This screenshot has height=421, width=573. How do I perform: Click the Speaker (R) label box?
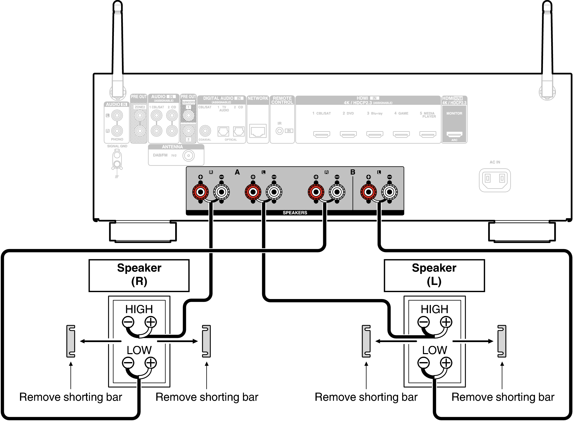[139, 275]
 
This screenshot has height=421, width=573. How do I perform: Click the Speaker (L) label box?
[434, 275]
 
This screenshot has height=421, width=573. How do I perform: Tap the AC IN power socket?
[495, 180]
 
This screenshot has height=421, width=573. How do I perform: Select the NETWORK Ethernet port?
[258, 131]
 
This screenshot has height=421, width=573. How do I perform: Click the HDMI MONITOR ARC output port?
[454, 134]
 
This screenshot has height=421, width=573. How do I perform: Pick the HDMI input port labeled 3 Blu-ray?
[374, 134]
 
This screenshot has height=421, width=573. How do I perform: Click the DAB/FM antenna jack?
[189, 156]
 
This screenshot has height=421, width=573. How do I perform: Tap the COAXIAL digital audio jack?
[205, 131]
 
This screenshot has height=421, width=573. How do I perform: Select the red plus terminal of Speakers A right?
[201, 192]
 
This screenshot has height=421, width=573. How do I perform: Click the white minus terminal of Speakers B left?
[389, 192]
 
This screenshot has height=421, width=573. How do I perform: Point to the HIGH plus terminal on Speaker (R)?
[151, 322]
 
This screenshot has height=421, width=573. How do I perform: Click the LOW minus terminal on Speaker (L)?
[423, 363]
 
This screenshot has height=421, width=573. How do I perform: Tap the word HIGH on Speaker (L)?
[434, 309]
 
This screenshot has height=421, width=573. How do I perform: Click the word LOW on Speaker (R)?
[139, 350]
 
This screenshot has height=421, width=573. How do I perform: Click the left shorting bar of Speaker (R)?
[71, 341]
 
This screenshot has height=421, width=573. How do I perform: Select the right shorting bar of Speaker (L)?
[502, 341]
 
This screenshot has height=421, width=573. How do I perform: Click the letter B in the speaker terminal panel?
[353, 172]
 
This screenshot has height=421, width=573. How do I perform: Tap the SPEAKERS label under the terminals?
[295, 213]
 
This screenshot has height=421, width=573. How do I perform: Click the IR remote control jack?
[279, 131]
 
